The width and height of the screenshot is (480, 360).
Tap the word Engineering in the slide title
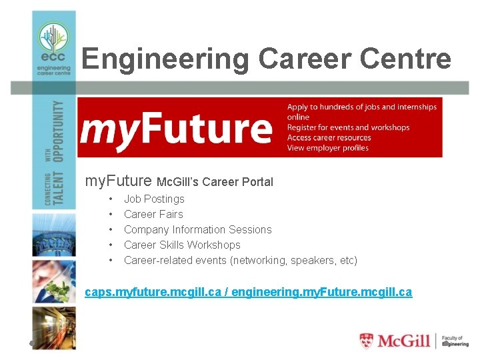coord(166,59)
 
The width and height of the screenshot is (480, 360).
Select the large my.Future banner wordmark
coord(176,129)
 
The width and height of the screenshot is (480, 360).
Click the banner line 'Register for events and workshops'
coord(348,127)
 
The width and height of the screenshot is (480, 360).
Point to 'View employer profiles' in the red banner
coord(327,148)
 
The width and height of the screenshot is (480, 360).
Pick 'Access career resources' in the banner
coord(329,138)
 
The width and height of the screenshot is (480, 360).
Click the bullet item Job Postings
coord(154,199)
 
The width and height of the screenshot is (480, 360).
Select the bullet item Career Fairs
coord(153,214)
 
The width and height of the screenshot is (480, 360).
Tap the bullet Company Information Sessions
coord(197,229)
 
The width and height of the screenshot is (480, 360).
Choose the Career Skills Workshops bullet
coord(182,245)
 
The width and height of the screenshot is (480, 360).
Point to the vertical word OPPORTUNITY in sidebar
coord(60,131)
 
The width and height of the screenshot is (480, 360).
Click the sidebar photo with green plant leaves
coord(54,281)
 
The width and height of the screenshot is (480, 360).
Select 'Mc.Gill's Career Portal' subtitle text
coord(215,181)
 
